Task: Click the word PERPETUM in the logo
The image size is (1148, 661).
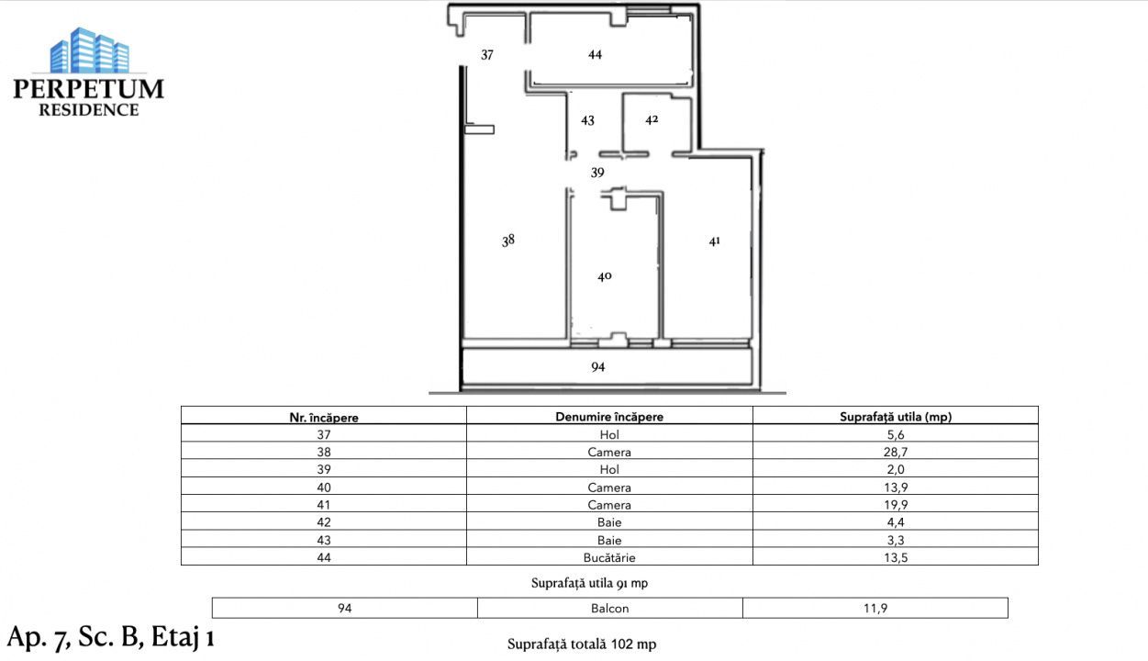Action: pos(89,89)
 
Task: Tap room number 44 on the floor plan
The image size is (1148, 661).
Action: pos(595,55)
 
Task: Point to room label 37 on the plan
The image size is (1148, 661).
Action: pos(487,55)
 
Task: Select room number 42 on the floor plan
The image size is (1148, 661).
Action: pos(652,119)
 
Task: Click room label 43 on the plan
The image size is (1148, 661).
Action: pos(588,120)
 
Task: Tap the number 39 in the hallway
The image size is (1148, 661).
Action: pos(597,173)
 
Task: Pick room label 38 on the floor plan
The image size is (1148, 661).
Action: pos(508,241)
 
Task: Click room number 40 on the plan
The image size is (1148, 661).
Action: pos(604,276)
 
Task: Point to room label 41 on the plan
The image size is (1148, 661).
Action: pos(715,241)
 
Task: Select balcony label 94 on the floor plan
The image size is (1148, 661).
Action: pos(598,367)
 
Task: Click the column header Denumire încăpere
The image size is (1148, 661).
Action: pos(609,417)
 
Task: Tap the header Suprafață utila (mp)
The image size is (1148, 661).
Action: pos(896,417)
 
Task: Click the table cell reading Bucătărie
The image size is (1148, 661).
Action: pos(609,557)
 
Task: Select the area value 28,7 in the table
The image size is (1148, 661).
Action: pos(896,453)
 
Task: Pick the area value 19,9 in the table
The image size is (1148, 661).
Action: pos(896,505)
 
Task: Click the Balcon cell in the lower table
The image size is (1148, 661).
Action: pos(609,608)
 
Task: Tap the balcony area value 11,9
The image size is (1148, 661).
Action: pos(875,608)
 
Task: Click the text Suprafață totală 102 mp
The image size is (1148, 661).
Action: pos(582,644)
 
